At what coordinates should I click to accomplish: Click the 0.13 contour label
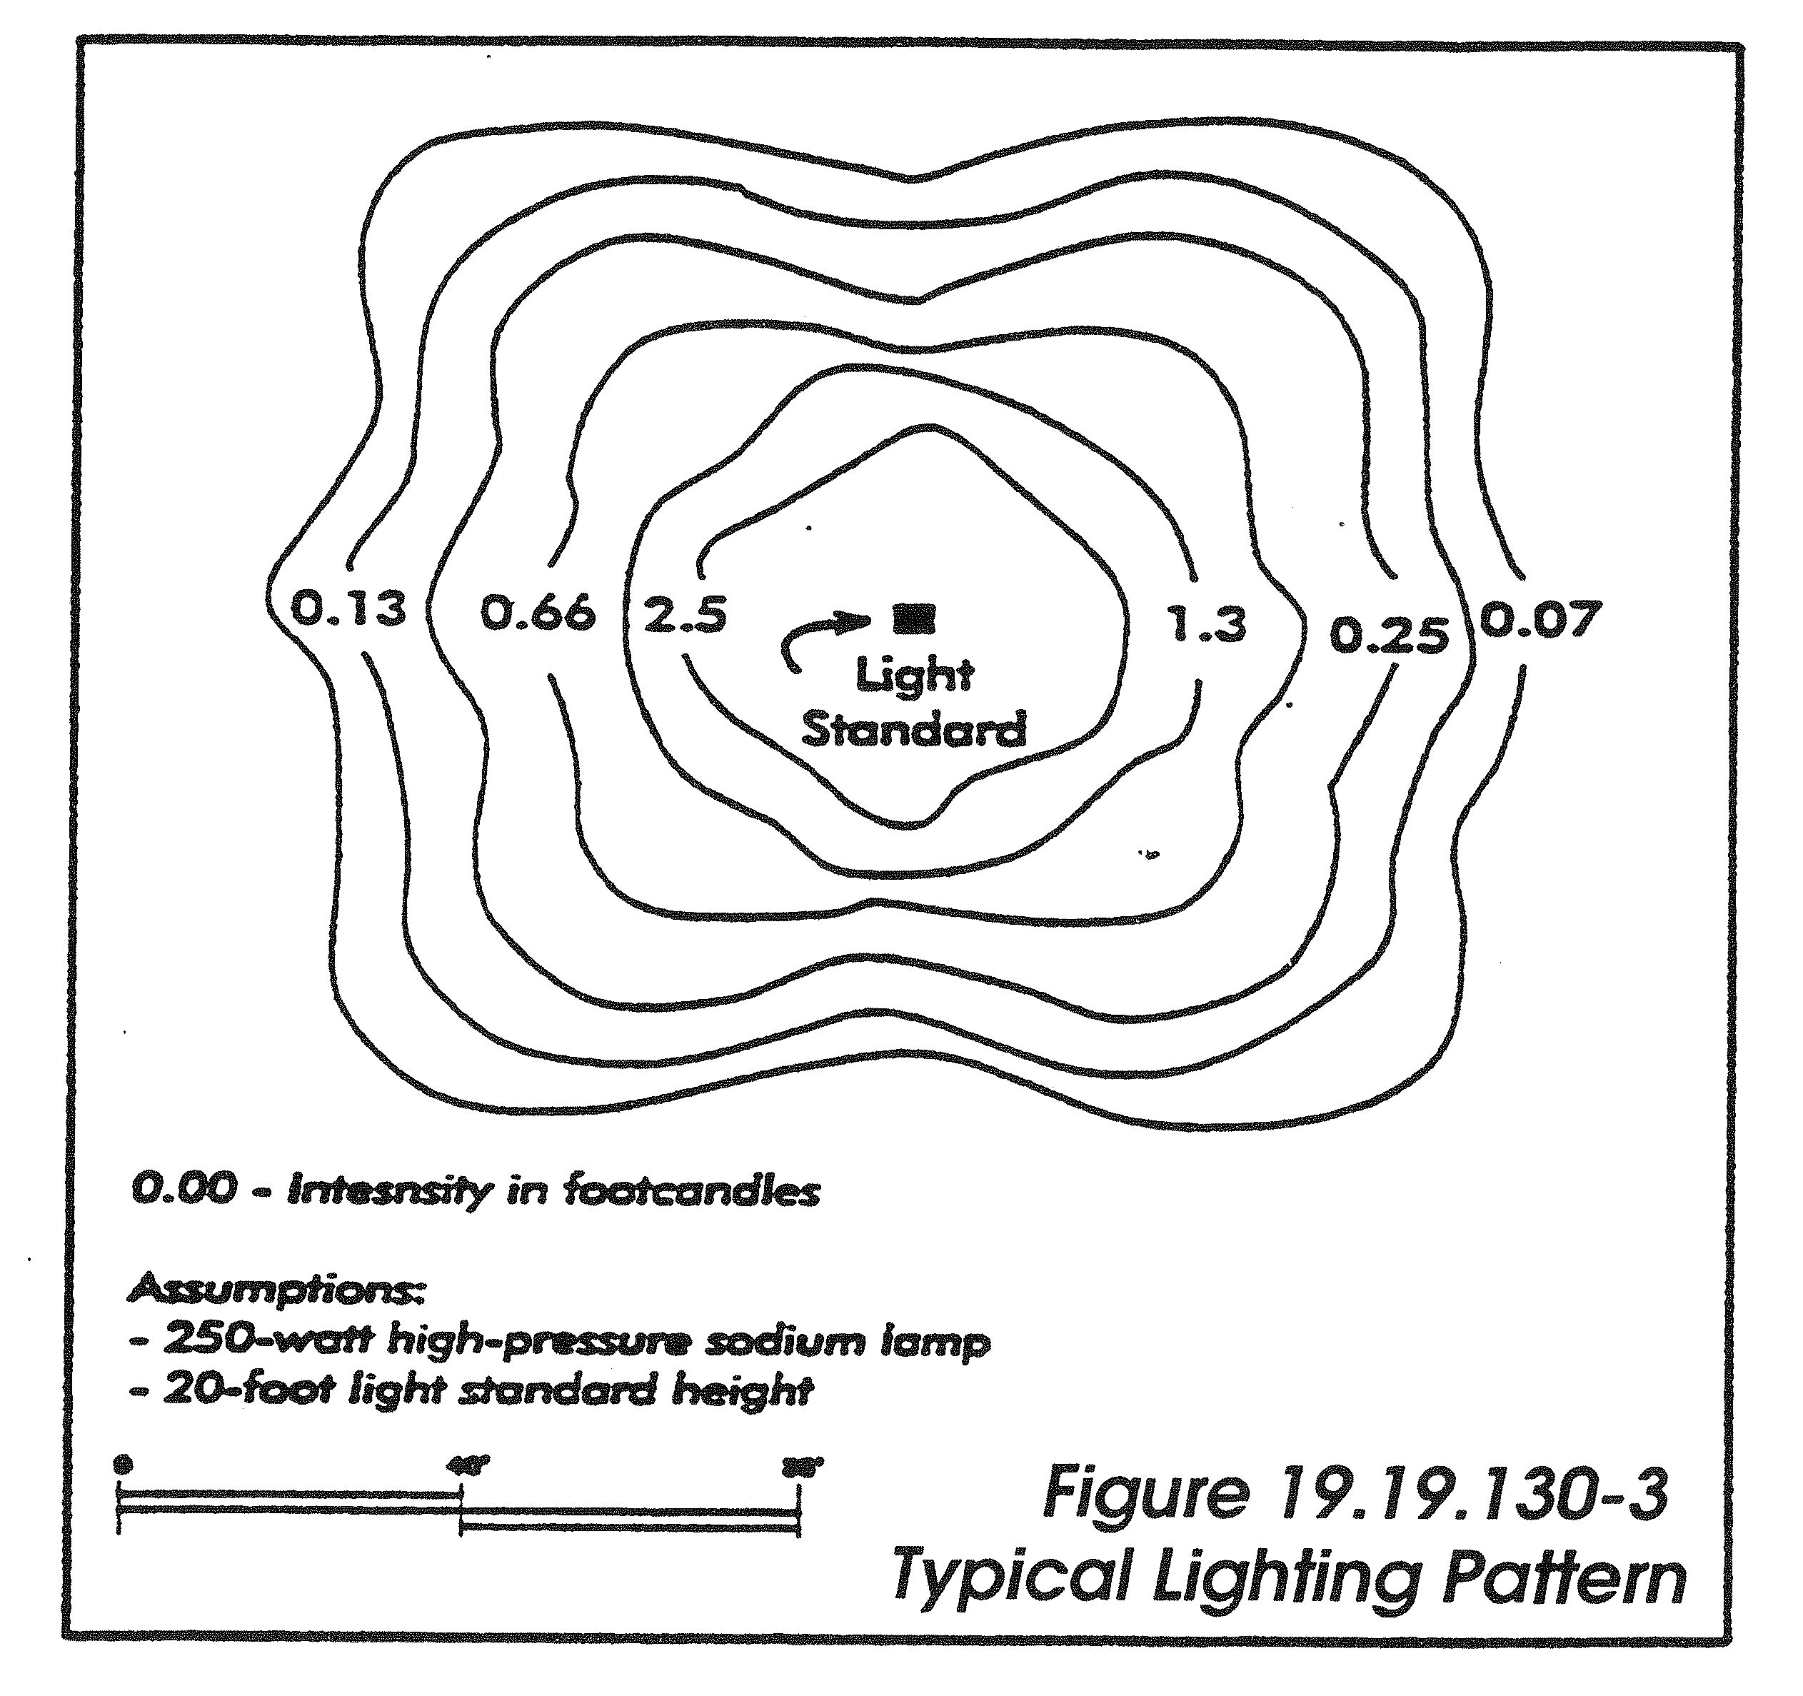coord(348,608)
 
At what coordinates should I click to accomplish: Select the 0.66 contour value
coord(538,613)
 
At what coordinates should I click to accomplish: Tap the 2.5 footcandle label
coord(685,616)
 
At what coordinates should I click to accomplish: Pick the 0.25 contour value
coord(1389,636)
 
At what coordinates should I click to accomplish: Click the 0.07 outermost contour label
coord(1540,621)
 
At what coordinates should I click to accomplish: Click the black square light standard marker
coord(913,618)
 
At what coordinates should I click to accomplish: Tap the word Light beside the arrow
coord(914,676)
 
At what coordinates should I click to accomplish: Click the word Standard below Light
coord(913,730)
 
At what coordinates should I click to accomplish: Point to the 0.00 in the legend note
coord(184,1190)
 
